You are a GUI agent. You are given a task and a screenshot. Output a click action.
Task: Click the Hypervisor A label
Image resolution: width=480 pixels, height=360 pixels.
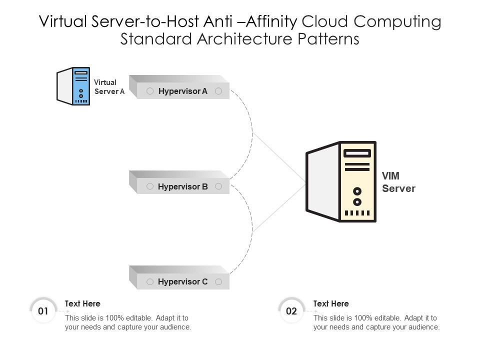click(182, 91)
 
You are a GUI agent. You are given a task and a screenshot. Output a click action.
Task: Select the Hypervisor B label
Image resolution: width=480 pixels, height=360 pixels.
click(182, 186)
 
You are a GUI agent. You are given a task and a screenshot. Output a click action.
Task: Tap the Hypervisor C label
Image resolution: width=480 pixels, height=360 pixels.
click(182, 282)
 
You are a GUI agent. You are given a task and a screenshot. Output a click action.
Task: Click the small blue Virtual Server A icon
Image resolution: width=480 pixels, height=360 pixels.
click(74, 86)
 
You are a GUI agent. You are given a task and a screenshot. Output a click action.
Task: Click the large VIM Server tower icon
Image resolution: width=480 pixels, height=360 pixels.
click(341, 181)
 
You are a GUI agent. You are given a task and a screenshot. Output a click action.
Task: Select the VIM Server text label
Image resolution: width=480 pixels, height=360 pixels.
click(398, 182)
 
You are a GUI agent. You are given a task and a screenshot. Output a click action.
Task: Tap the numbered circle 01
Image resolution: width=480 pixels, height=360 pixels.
click(43, 311)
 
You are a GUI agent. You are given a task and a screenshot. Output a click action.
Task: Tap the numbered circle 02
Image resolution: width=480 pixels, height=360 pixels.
click(291, 311)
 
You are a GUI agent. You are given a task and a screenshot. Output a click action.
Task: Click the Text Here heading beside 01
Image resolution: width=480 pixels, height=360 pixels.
click(82, 303)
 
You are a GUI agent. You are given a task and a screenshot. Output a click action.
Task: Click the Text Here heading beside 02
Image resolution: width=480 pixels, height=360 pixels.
click(331, 303)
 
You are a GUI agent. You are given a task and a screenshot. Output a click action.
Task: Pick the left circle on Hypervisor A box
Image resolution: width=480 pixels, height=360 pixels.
click(149, 91)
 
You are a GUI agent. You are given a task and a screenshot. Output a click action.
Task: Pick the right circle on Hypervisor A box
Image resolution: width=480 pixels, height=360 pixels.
click(218, 91)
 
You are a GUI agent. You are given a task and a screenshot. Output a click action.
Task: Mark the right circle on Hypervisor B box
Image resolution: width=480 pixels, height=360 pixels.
click(218, 186)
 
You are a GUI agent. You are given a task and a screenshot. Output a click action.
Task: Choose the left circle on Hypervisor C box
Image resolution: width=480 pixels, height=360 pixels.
click(149, 282)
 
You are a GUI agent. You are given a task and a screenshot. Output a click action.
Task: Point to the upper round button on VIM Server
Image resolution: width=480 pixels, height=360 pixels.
click(357, 191)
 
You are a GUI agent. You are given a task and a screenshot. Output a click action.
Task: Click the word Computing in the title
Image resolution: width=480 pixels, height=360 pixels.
click(398, 21)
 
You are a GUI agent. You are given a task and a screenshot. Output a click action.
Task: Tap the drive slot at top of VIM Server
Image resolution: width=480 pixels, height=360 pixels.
click(357, 153)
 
